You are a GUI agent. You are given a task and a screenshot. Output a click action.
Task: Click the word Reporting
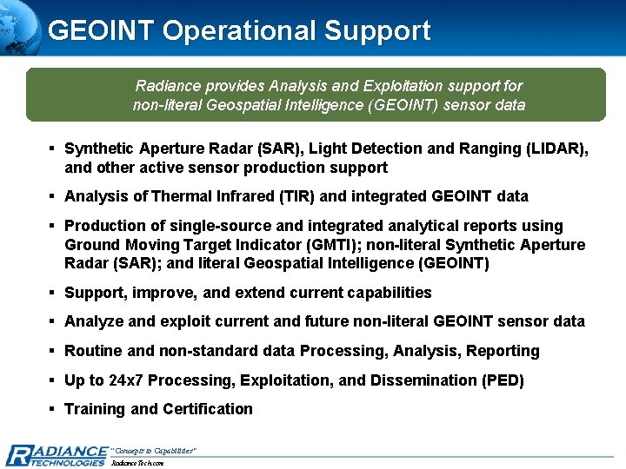pyautogui.click(x=503, y=351)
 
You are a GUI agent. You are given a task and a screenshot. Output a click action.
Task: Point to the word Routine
pyautogui.click(x=94, y=351)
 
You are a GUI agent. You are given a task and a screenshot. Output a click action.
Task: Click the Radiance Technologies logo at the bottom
pyautogui.click(x=57, y=454)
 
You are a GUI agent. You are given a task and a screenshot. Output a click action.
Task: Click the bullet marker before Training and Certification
pyautogui.click(x=53, y=409)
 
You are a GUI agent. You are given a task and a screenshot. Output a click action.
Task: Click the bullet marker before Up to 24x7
pyautogui.click(x=53, y=380)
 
